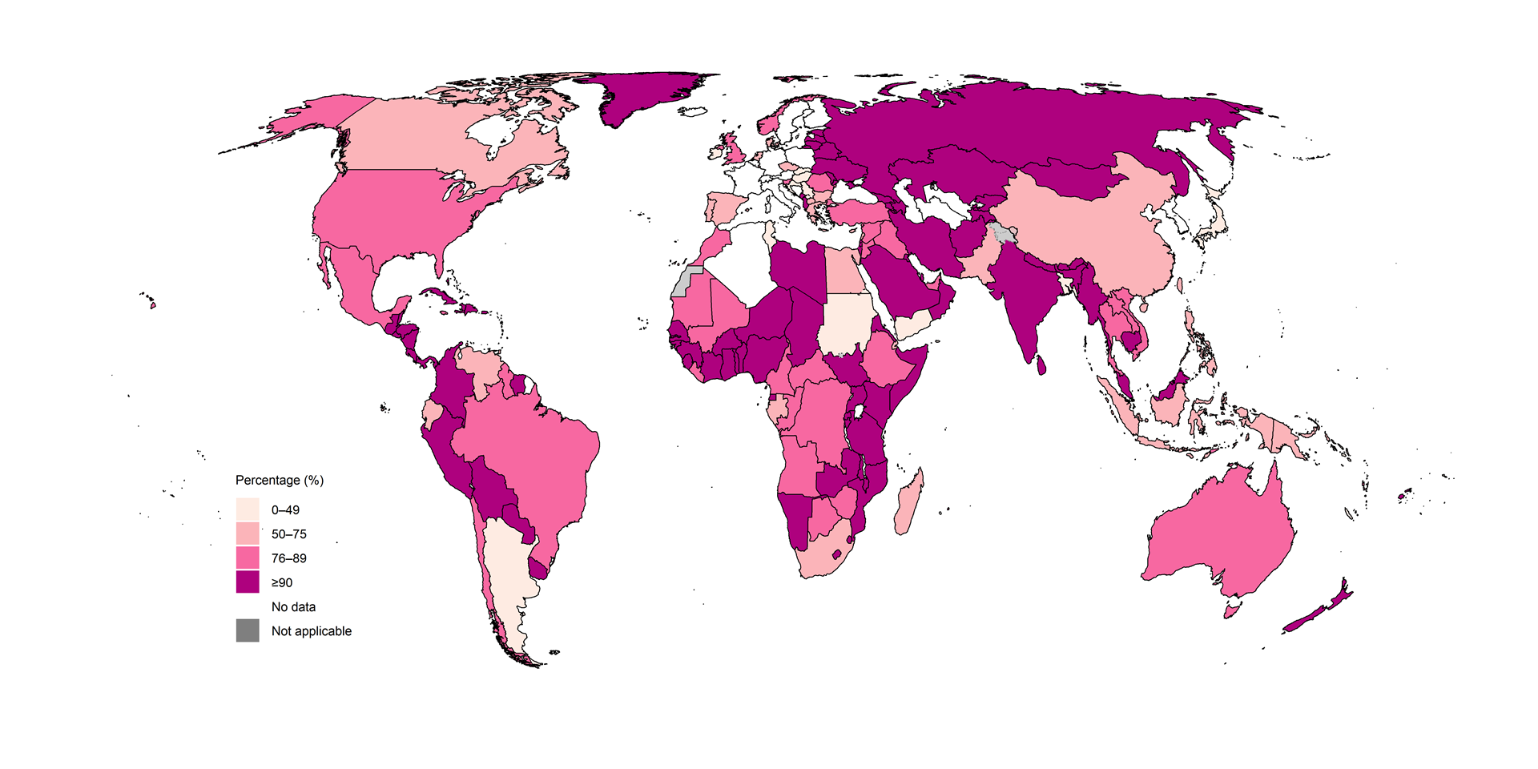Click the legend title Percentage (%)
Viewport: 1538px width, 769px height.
click(x=280, y=480)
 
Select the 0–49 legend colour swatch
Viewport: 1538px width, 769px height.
click(x=248, y=509)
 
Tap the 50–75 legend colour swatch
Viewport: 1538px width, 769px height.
click(x=248, y=533)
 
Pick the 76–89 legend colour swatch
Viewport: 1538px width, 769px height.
click(x=248, y=558)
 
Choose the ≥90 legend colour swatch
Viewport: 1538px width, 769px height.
click(x=248, y=582)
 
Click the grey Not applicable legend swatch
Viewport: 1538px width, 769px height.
click(x=248, y=630)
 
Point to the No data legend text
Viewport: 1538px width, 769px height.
click(x=293, y=606)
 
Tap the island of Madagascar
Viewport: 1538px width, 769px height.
click(x=908, y=505)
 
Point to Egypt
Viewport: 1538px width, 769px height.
click(x=841, y=272)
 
